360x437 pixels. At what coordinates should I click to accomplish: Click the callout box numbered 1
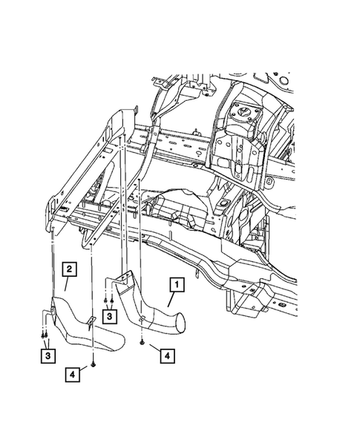(176, 283)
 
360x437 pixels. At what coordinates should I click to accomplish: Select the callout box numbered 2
(68, 269)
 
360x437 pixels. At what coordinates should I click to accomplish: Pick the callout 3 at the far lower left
(47, 356)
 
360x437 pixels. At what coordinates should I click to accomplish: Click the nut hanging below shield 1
(141, 344)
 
